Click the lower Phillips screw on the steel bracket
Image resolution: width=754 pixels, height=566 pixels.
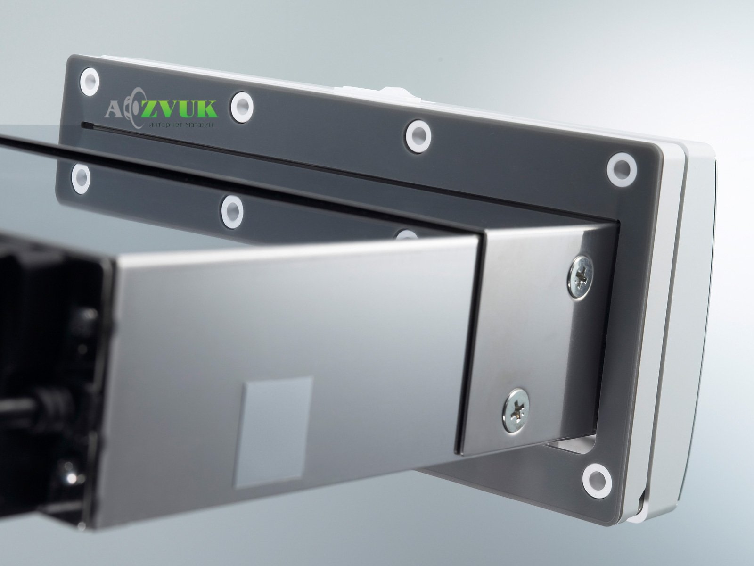pos(516,410)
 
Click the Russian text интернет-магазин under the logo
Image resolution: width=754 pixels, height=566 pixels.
pos(181,125)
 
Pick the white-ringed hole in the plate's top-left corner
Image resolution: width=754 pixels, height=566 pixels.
pos(90,82)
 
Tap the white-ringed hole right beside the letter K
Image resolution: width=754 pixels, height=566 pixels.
pos(242,107)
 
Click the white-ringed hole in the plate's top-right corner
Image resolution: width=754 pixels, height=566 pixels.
pos(622,170)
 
